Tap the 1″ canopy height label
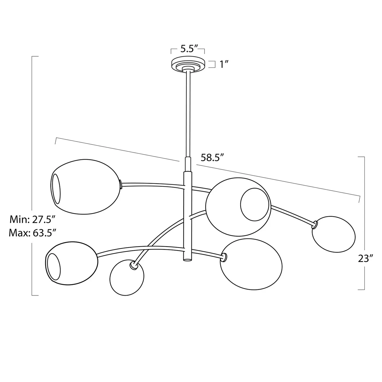224,64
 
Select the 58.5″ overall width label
212,158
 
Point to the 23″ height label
365,258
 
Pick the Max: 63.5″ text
33,233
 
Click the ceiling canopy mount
188,64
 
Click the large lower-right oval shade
251,264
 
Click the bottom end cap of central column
187,259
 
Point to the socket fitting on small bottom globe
134,265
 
